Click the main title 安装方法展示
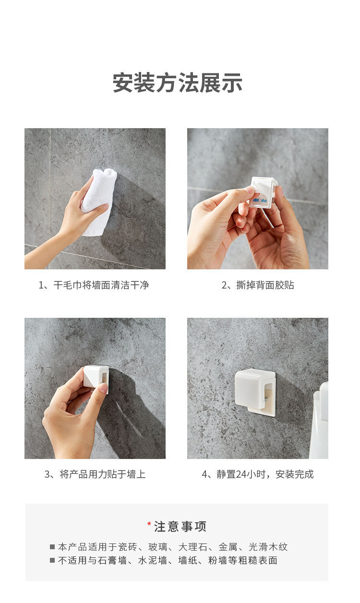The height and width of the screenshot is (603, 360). [178, 83]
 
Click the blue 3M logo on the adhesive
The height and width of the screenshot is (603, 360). [256, 200]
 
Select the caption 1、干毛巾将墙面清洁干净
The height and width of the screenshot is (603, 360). [94, 285]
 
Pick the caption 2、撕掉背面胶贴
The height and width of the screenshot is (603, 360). [258, 285]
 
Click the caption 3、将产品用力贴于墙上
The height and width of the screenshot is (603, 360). [95, 474]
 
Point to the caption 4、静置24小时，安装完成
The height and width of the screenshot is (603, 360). [258, 474]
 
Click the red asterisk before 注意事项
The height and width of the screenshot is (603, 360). [149, 524]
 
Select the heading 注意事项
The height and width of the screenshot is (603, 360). [180, 527]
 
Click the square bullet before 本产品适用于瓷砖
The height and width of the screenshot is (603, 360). [52, 547]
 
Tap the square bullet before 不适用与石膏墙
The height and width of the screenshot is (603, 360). [52, 560]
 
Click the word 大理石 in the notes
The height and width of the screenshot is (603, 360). [193, 547]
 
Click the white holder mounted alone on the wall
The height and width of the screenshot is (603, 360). [255, 392]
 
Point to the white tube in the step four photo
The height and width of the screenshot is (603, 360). [319, 420]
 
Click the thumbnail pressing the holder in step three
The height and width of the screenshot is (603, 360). [103, 388]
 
